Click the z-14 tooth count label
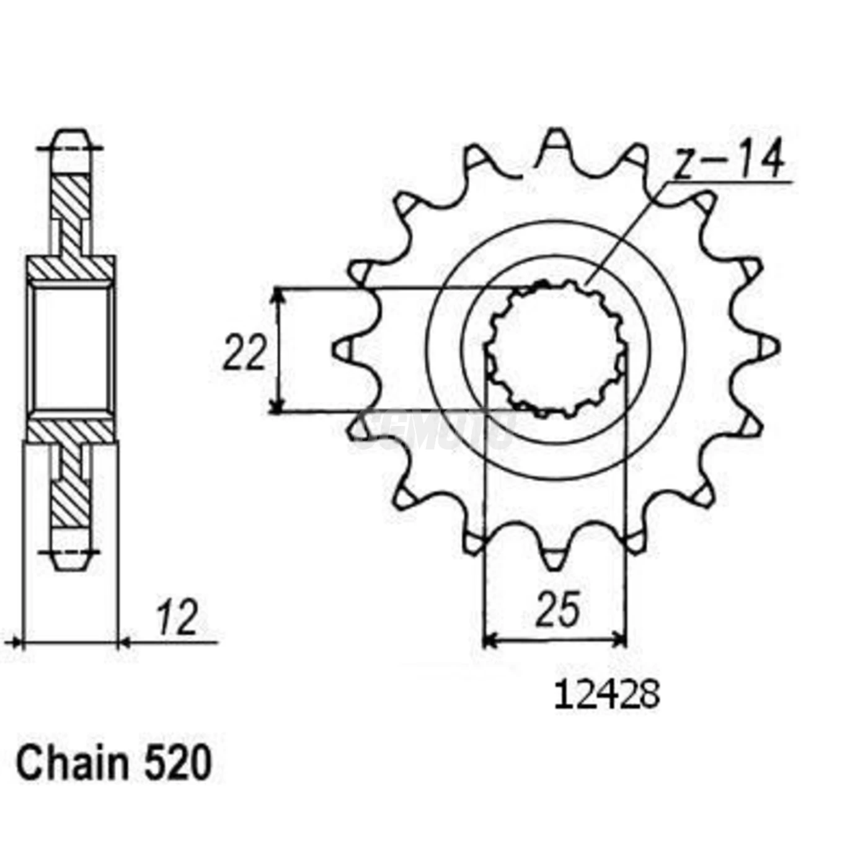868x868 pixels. pyautogui.click(x=729, y=160)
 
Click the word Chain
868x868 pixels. pyautogui.click(x=72, y=764)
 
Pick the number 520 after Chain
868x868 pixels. pyautogui.click(x=178, y=764)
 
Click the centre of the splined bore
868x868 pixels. pyautogui.click(x=556, y=348)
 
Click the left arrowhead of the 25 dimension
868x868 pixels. pyautogui.click(x=490, y=639)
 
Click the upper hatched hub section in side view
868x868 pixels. pyautogui.click(x=70, y=267)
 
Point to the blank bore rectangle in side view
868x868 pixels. pyautogui.click(x=70, y=348)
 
